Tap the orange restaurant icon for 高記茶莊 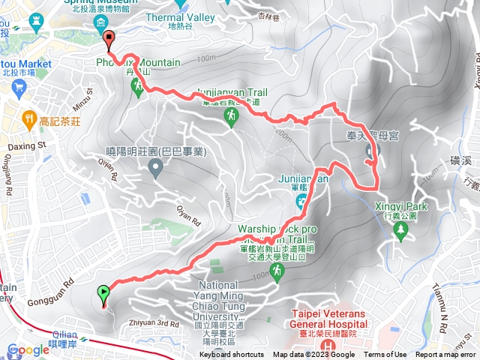coord(28,118)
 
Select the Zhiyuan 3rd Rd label coord(154,324)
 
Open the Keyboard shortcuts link coord(232,355)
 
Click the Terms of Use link coord(385,355)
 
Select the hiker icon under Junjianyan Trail coord(232,115)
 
